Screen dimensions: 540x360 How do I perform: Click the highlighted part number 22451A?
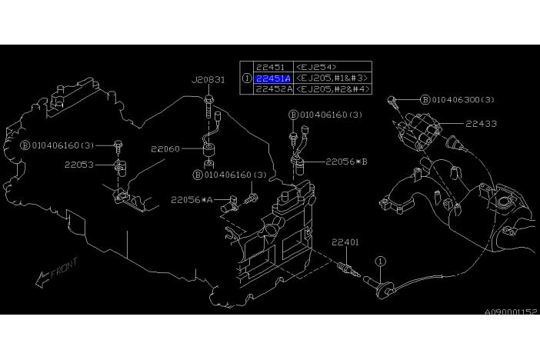point(273,78)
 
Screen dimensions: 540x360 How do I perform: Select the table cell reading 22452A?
point(274,89)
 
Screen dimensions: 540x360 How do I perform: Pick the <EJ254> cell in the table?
point(316,67)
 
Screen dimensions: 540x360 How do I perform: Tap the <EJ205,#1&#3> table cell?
point(332,78)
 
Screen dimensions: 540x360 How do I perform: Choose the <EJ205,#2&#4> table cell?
point(332,89)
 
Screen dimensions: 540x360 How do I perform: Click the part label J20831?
point(208,80)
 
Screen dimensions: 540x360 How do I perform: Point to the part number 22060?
point(165,149)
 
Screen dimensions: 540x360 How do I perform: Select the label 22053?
point(79,165)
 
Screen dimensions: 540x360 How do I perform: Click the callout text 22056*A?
point(192,200)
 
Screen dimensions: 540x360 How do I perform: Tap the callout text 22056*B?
point(346,162)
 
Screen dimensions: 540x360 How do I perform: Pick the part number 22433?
point(481,124)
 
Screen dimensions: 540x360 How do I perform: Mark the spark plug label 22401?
point(345,242)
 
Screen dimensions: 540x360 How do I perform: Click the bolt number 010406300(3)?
point(463,100)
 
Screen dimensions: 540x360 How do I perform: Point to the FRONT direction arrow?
point(42,279)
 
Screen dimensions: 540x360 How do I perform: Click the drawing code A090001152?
point(511,312)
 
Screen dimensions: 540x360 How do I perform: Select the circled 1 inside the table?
point(247,78)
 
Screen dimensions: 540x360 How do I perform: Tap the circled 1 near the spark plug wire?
point(380,262)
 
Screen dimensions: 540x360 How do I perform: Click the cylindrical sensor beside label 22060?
point(208,151)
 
